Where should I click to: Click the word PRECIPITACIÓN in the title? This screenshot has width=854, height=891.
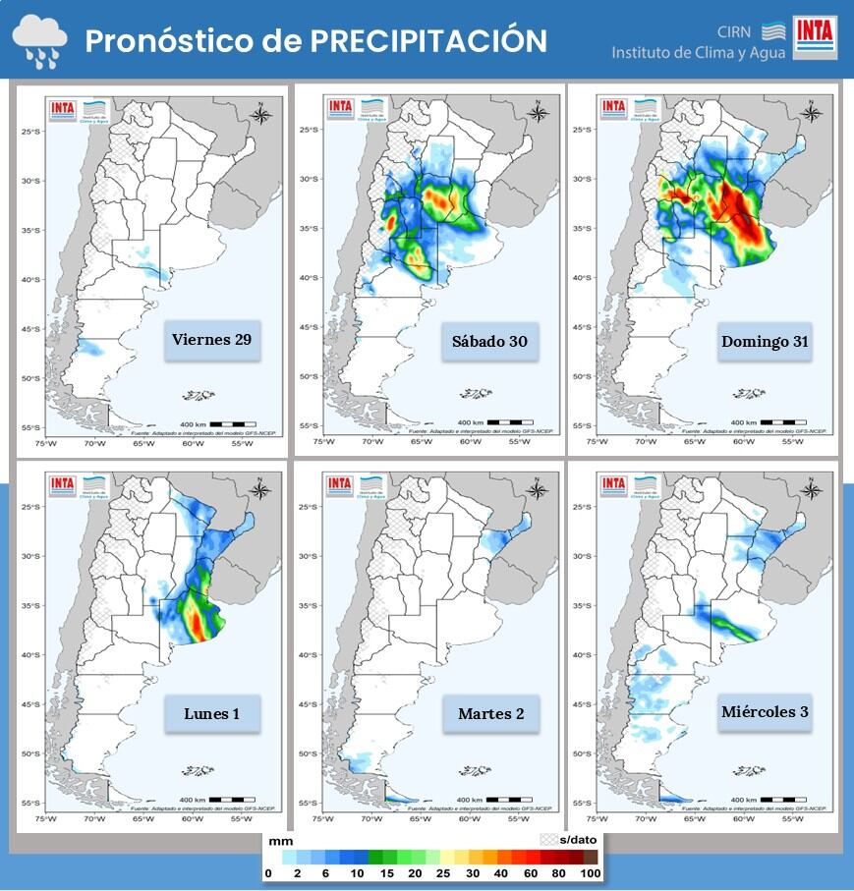(428, 40)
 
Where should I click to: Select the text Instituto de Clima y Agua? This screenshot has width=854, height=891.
(698, 53)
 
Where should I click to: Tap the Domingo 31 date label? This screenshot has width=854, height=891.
(765, 341)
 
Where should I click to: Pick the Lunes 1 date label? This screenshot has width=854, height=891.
(211, 713)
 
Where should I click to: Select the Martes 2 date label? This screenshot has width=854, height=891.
(490, 713)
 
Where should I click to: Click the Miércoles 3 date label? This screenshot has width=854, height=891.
(765, 711)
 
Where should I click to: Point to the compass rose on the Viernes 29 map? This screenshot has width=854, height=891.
(262, 114)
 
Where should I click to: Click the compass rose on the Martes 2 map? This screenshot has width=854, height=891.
(538, 489)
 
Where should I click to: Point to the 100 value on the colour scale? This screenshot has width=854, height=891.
(591, 873)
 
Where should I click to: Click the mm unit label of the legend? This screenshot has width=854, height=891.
(280, 841)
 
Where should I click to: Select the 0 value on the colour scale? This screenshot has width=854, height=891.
(268, 873)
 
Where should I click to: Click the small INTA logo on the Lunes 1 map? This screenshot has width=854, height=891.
(64, 484)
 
